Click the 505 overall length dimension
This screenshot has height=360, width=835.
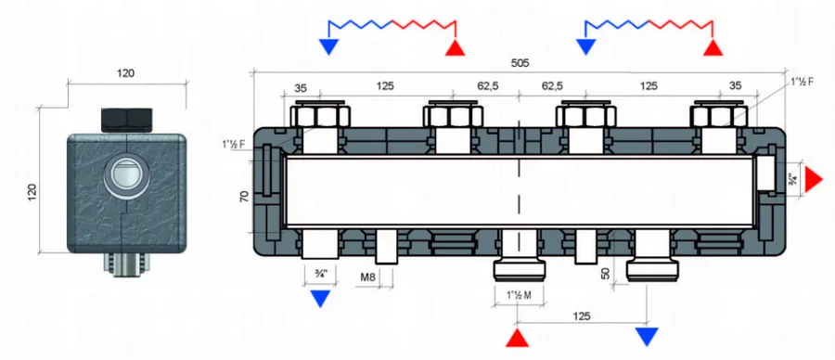520,63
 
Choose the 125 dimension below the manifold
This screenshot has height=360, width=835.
582,316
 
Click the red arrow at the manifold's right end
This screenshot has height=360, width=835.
814,179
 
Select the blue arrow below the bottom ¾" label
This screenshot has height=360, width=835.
319,299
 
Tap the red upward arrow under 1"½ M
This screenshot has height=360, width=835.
517,338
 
